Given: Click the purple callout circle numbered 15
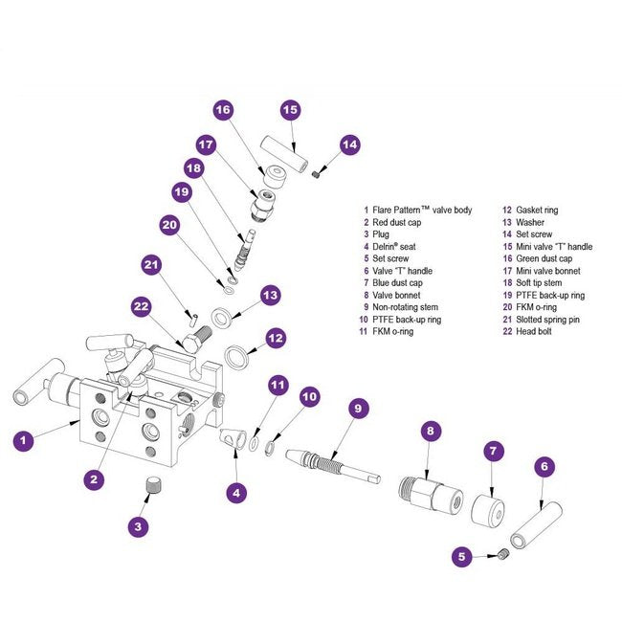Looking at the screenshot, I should tap(291, 110).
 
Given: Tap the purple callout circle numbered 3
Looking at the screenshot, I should tap(138, 525).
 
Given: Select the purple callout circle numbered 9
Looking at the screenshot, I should tap(357, 409).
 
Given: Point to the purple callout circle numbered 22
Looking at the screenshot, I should tap(142, 307).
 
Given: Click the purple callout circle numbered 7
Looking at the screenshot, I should tap(492, 450).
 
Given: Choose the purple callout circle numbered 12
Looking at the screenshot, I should tap(276, 338).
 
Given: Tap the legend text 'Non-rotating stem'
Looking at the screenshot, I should tap(405, 307).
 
